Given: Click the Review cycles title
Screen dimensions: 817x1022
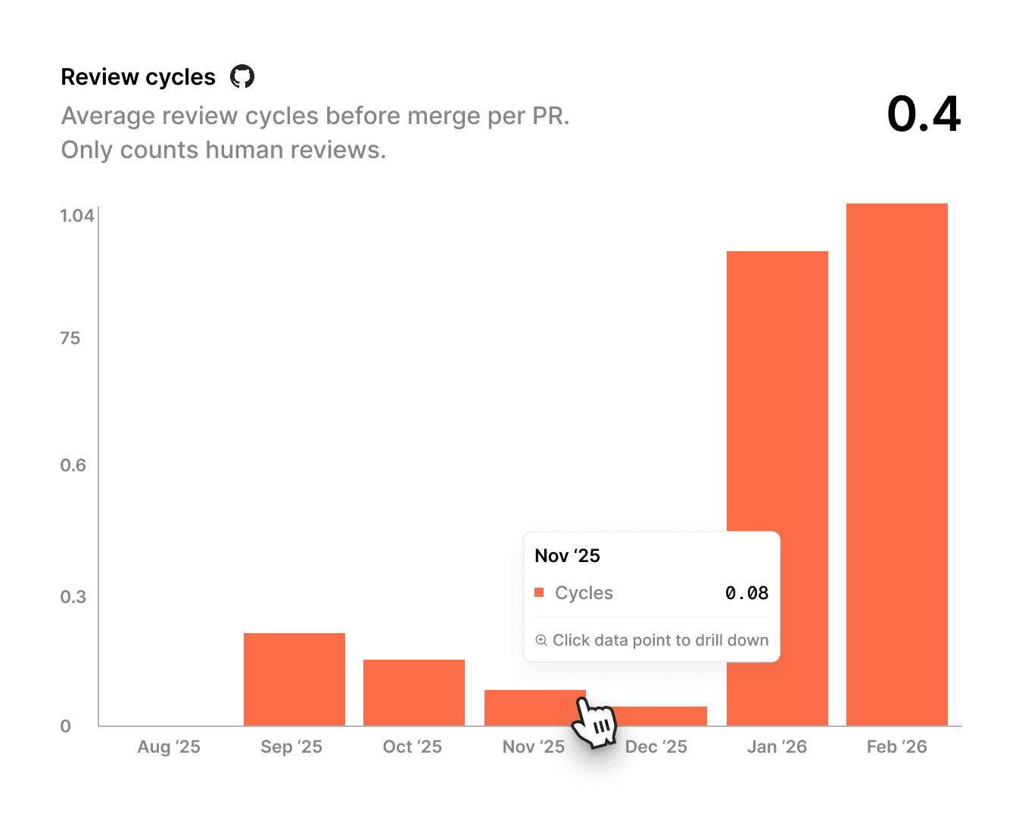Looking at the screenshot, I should point(138,77).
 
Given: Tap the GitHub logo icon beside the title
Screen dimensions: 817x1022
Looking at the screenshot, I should point(242,76).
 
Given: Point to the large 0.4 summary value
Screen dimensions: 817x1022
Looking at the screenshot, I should point(924,114).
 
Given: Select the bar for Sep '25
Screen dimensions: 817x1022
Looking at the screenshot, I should point(294,679).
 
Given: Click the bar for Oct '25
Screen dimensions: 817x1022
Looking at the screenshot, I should point(414,692).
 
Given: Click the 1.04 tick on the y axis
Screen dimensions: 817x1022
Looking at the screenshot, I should point(77,216).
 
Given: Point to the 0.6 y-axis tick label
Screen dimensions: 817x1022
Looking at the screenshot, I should point(73,465).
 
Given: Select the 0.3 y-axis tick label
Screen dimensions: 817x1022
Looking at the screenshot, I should point(73,597).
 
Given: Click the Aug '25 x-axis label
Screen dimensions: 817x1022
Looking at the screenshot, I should point(169,747).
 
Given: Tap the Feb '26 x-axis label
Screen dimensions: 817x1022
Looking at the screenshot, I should point(897,747).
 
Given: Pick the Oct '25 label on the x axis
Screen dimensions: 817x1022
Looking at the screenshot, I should point(413,747).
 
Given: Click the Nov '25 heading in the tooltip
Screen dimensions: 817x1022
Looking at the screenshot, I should point(567,556).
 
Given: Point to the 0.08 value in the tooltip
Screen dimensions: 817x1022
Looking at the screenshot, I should point(746,593).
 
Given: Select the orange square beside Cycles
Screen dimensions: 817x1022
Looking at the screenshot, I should point(539,593).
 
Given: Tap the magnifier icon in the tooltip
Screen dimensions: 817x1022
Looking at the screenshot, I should point(541,640).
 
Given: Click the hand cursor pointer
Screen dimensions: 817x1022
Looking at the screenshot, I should point(594,722).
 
